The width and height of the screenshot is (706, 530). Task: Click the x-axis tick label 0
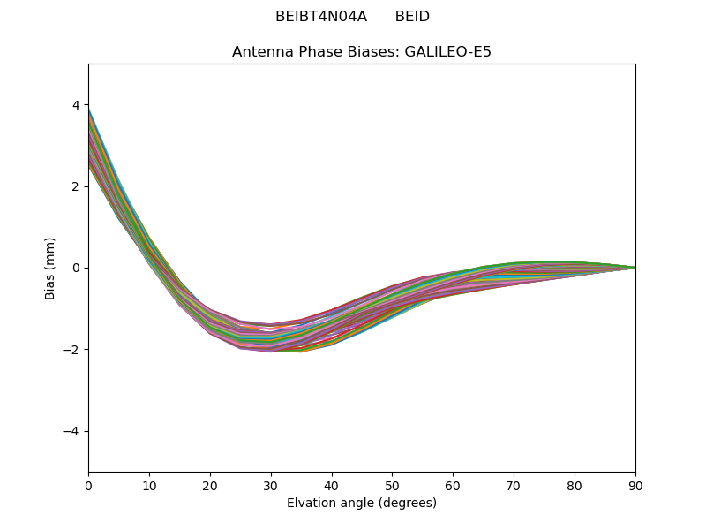point(88,485)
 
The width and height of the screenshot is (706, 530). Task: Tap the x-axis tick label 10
point(149,485)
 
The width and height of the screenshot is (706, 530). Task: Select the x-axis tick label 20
point(210,485)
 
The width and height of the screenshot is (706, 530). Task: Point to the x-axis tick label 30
point(271,485)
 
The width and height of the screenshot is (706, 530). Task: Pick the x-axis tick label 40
point(332,485)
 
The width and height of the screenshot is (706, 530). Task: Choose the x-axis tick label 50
point(392,485)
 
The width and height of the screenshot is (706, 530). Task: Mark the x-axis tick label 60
point(453,485)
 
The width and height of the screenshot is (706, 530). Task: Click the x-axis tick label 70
point(514,485)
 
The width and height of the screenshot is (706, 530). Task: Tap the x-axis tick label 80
point(575,485)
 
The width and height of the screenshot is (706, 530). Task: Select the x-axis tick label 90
point(635,485)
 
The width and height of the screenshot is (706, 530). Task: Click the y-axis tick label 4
point(76,105)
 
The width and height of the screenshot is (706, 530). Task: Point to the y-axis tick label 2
point(76,186)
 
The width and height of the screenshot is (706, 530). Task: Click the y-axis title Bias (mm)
point(50,268)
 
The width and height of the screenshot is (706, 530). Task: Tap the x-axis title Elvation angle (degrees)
point(362,503)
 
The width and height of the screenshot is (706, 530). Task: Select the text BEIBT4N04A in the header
point(321,17)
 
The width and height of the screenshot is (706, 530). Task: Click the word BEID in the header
point(412,17)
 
